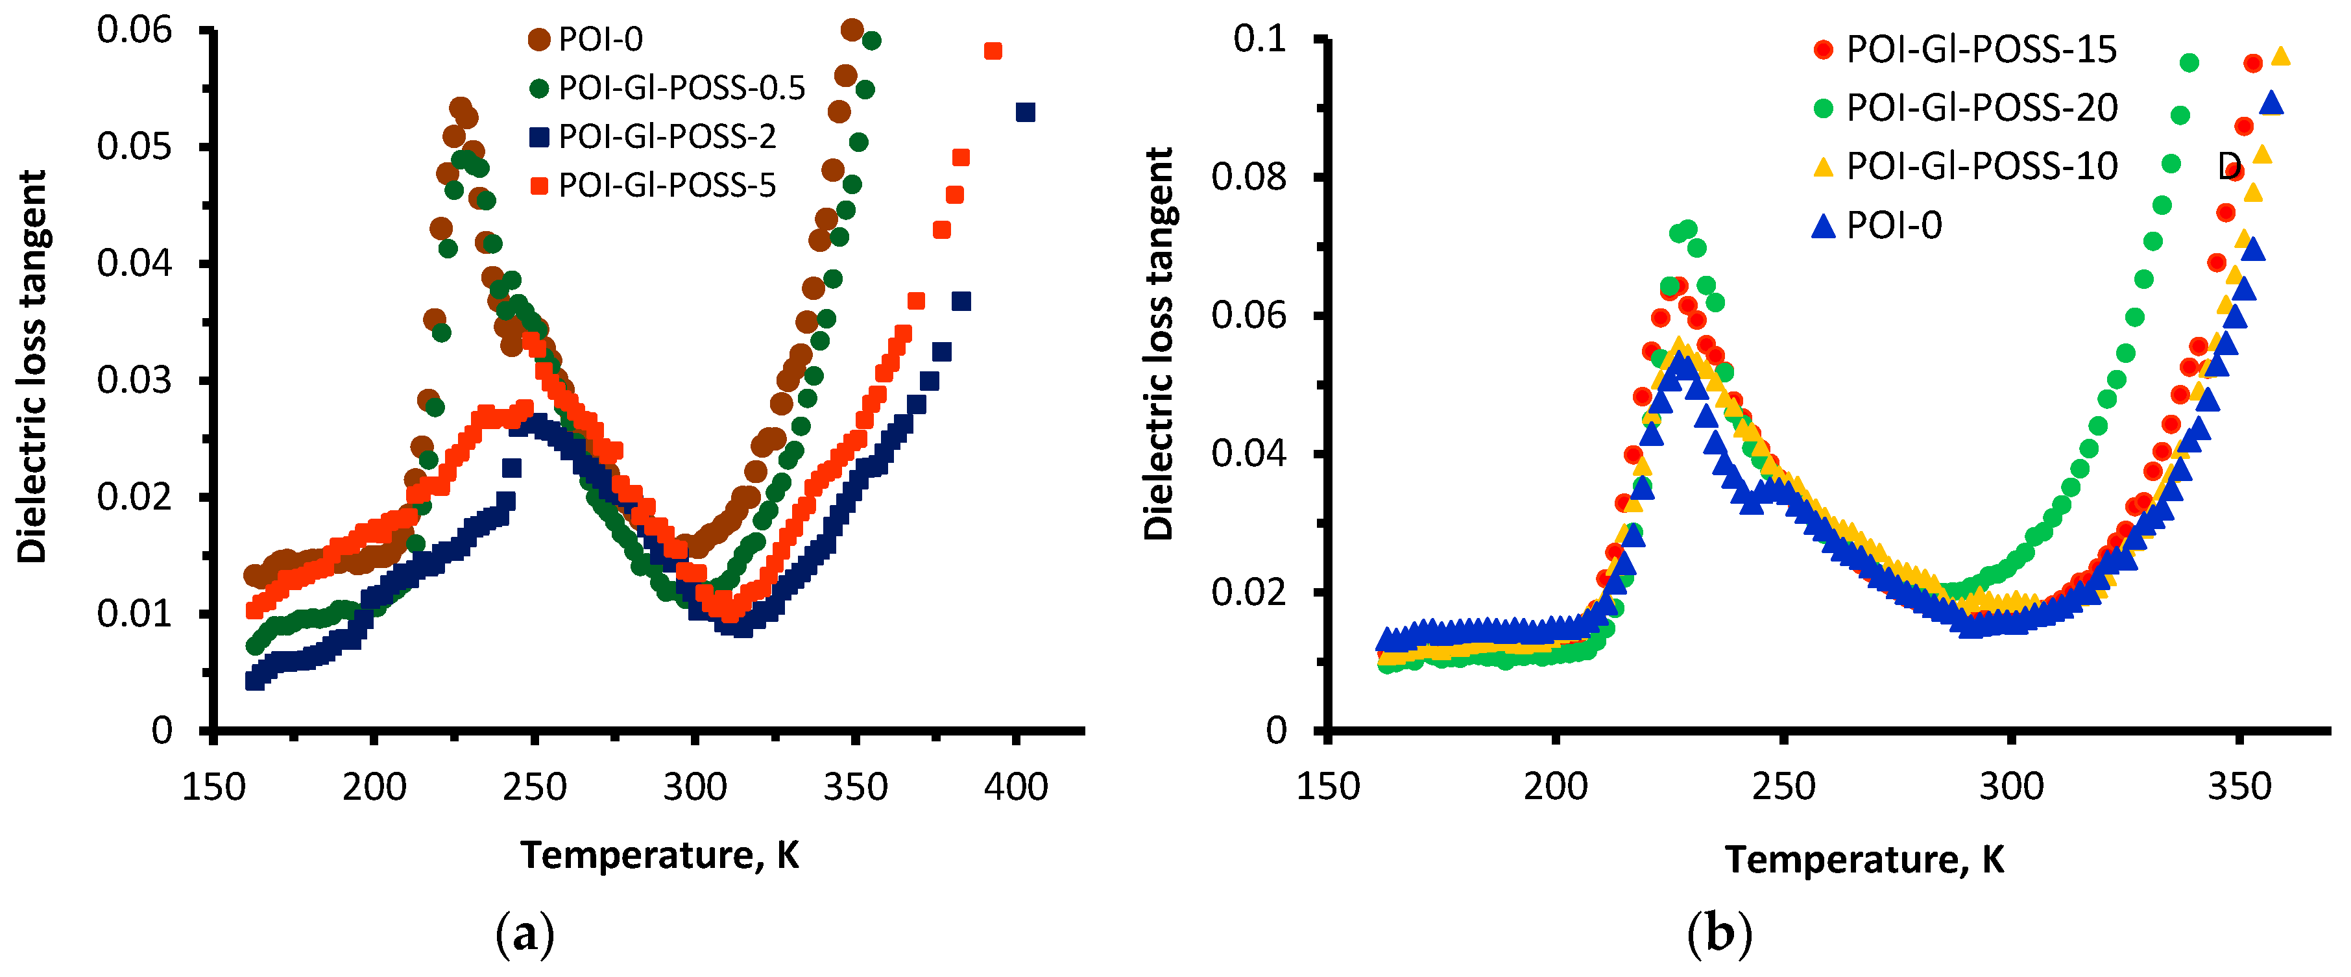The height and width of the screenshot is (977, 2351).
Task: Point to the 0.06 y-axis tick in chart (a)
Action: (134, 30)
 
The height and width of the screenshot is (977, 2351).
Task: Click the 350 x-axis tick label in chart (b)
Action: (2239, 787)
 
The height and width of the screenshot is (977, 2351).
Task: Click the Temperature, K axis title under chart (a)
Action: (659, 856)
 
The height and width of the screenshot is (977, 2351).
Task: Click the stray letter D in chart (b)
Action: (2228, 166)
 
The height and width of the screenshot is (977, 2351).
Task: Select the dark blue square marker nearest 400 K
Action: (1025, 112)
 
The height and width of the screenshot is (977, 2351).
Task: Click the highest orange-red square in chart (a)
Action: (993, 51)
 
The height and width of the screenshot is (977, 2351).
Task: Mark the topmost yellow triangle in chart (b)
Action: (2280, 56)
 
